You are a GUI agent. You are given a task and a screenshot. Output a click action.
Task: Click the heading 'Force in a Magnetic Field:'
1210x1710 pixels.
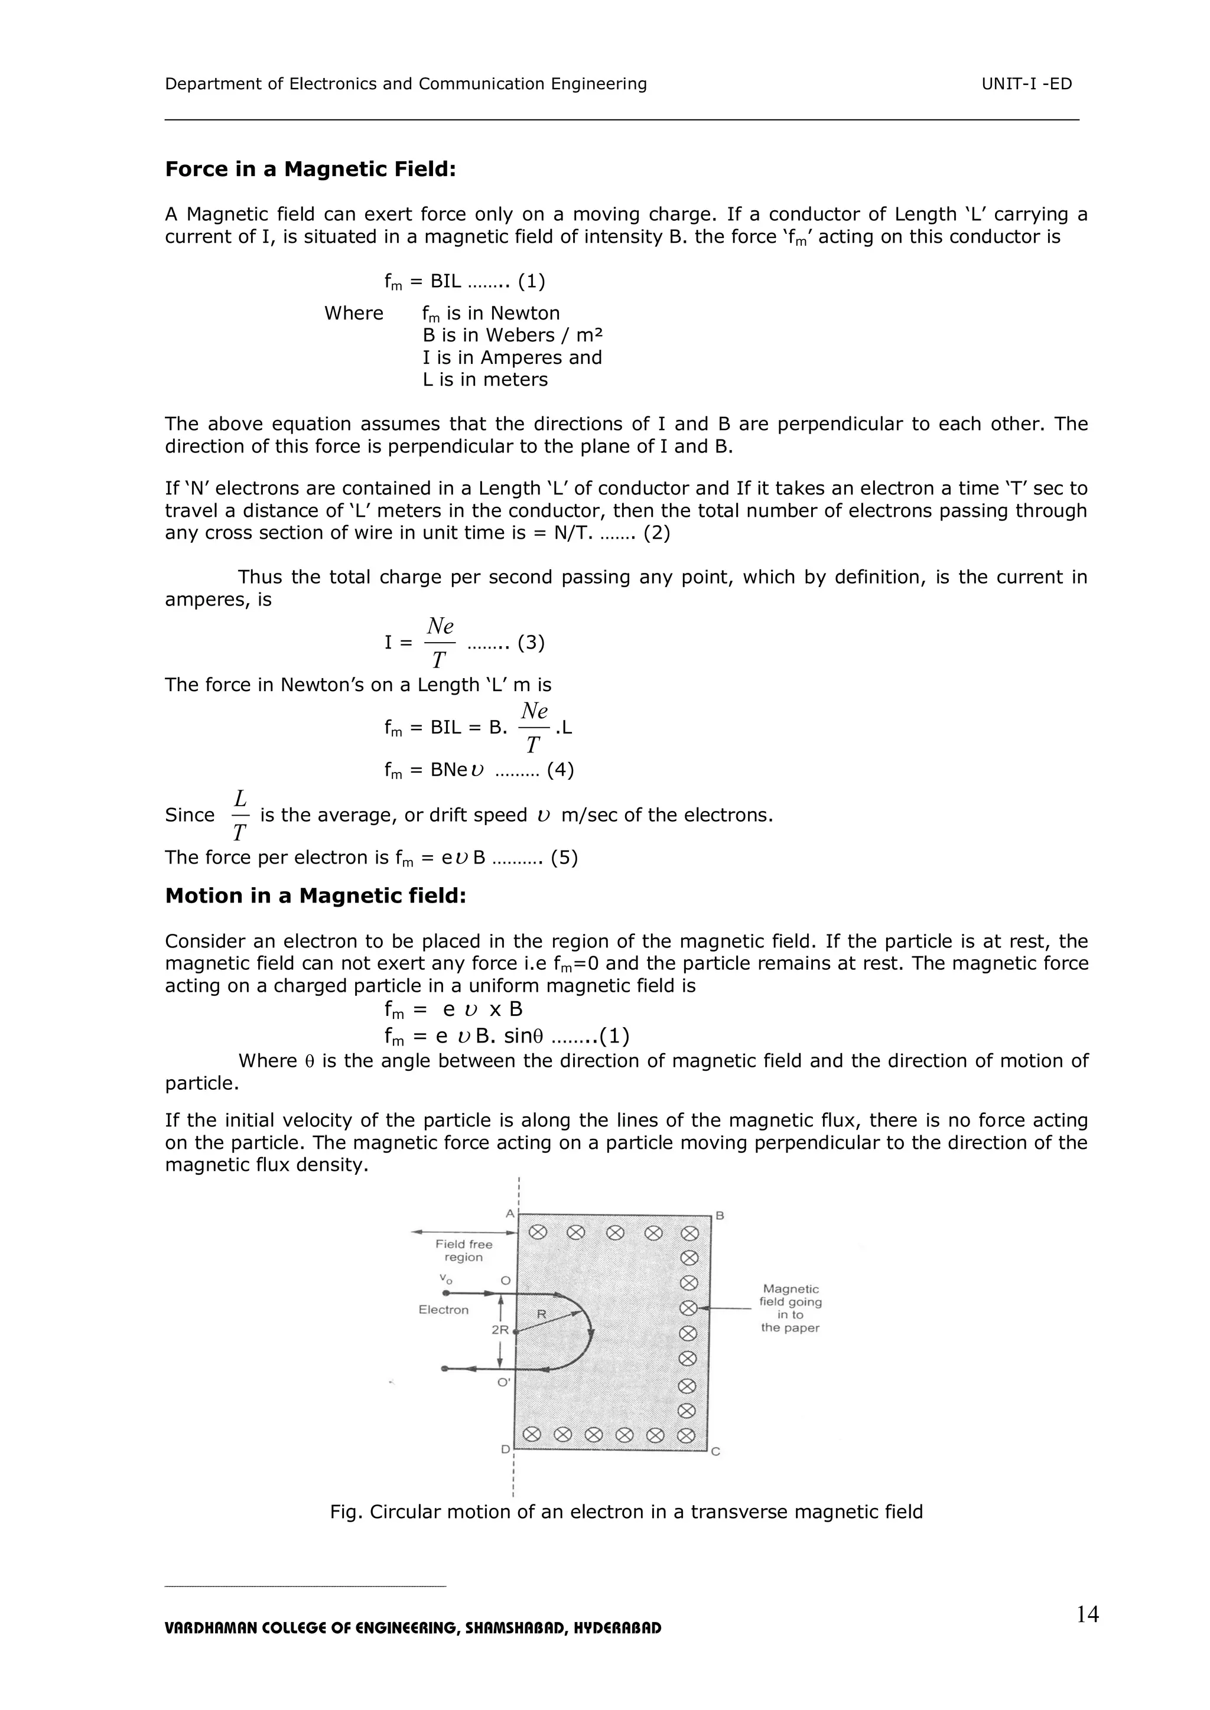(310, 169)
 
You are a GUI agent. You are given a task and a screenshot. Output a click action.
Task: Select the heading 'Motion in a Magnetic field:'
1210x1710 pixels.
(315, 895)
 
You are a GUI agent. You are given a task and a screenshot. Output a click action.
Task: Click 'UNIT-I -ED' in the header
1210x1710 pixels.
(1026, 84)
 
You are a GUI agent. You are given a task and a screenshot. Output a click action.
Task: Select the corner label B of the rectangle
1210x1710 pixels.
(720, 1216)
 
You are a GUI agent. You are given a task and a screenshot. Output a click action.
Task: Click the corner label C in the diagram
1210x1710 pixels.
(715, 1451)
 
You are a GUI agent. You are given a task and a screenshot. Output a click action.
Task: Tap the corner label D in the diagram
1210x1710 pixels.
(505, 1450)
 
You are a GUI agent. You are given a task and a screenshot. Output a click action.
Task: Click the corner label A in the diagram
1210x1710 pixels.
(510, 1214)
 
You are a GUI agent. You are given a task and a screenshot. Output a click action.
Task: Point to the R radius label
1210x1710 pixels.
(542, 1314)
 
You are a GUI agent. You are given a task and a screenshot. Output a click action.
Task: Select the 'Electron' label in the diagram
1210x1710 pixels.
(443, 1310)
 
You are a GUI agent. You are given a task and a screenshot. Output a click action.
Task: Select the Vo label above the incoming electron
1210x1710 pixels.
(445, 1278)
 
